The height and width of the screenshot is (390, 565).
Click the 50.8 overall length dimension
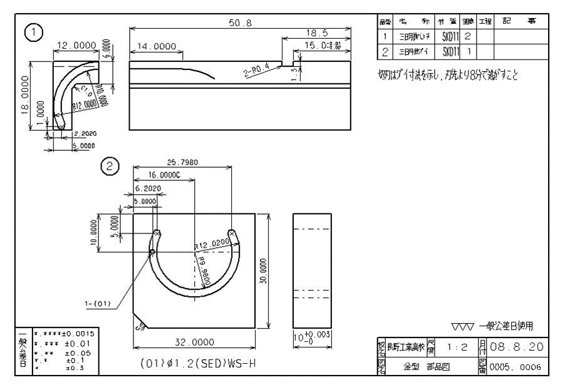[241, 23]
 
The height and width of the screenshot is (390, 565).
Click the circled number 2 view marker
[110, 167]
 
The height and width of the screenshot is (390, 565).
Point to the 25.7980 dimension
[182, 163]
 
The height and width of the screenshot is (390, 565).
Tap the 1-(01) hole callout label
[98, 304]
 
